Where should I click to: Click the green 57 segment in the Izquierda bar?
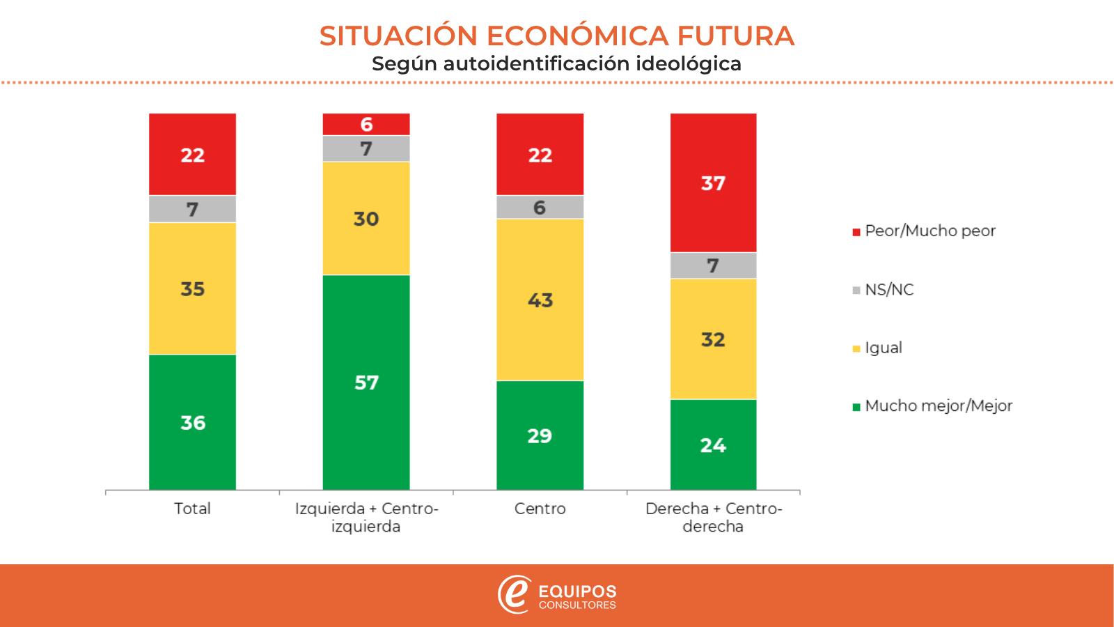[366, 382]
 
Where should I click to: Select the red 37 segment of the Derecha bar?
[713, 183]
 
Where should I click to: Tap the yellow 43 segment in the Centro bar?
[540, 300]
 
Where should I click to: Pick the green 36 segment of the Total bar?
[192, 422]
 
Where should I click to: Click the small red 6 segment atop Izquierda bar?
[366, 124]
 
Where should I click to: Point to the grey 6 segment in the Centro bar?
[540, 207]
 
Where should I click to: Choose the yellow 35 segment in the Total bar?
[192, 288]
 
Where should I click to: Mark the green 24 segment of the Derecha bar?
[713, 444]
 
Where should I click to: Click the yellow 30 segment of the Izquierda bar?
[366, 219]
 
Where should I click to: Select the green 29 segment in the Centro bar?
[540, 435]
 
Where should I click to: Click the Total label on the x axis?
[192, 509]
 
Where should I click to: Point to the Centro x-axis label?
[540, 509]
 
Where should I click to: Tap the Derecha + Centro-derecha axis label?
[713, 518]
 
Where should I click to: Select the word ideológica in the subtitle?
[689, 64]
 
